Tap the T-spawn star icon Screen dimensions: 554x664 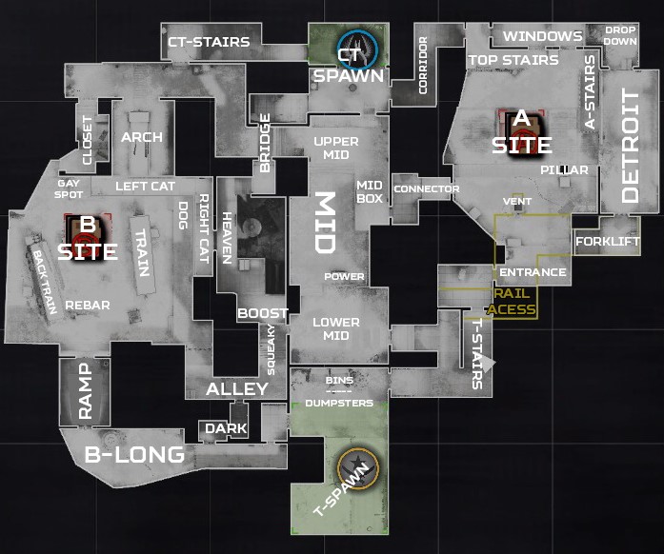pyautogui.click(x=357, y=467)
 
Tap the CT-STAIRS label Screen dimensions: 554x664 pyautogui.click(x=209, y=42)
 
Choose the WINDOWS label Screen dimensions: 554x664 pyautogui.click(x=542, y=36)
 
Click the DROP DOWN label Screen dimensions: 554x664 pyautogui.click(x=620, y=36)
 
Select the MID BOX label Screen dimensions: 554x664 pyautogui.click(x=370, y=191)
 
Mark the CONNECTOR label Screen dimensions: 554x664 pyautogui.click(x=426, y=188)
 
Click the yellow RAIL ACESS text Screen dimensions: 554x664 pyautogui.click(x=512, y=302)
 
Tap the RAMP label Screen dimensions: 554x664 pyautogui.click(x=86, y=391)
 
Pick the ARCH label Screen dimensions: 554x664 pyautogui.click(x=142, y=136)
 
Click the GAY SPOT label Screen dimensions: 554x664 pyautogui.click(x=69, y=188)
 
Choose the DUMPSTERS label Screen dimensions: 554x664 pyautogui.click(x=339, y=403)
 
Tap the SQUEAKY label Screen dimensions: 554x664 pyautogui.click(x=272, y=349)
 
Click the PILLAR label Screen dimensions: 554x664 pyautogui.click(x=564, y=169)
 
